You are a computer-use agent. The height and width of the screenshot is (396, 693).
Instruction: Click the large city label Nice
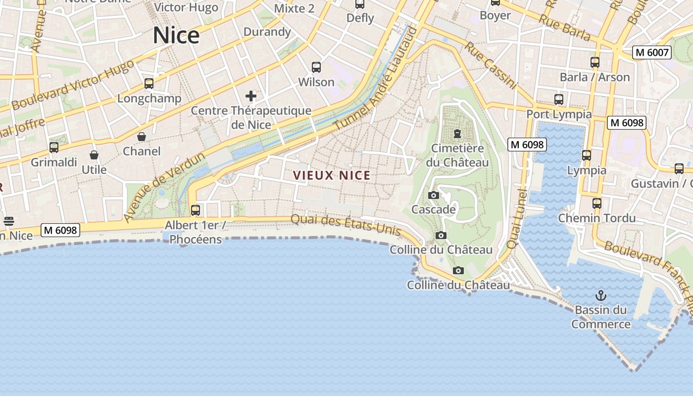click(x=176, y=36)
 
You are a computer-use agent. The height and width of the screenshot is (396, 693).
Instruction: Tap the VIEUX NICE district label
click(x=332, y=175)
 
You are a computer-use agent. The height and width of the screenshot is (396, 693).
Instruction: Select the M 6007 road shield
click(x=652, y=52)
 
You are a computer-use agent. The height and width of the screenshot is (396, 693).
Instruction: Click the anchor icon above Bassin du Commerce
click(x=600, y=296)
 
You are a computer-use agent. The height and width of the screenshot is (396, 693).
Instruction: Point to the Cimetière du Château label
click(x=457, y=155)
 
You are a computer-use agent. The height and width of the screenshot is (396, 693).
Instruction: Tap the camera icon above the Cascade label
click(x=433, y=195)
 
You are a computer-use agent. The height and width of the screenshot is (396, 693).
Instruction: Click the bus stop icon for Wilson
click(x=316, y=67)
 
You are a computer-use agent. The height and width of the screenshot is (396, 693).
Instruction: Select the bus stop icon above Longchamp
click(x=149, y=84)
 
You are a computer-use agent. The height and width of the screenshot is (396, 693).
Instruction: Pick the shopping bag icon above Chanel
click(x=142, y=136)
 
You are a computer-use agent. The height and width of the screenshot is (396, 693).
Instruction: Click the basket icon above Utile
click(x=94, y=155)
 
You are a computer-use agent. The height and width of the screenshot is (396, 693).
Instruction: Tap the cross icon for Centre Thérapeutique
click(x=251, y=96)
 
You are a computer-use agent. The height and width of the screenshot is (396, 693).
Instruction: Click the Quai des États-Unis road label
click(x=346, y=224)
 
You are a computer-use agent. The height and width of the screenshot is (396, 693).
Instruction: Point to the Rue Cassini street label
click(x=491, y=65)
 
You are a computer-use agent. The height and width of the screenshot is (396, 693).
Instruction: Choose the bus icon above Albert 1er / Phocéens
click(x=196, y=210)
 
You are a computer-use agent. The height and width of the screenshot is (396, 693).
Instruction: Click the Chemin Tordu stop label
click(x=597, y=218)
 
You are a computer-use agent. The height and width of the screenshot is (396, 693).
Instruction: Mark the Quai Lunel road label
click(x=518, y=218)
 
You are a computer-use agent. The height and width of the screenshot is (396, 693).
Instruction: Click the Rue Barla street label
click(x=564, y=27)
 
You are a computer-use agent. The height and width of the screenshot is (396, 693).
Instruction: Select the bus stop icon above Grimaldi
click(x=54, y=147)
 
